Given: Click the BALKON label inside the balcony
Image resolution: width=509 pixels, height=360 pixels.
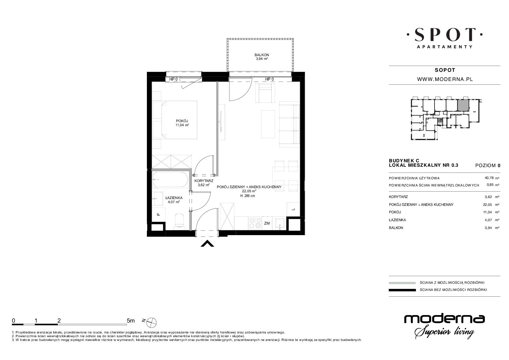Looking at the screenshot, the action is (x=262, y=55).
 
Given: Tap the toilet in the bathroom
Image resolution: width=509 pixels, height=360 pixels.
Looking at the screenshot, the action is (x=179, y=220).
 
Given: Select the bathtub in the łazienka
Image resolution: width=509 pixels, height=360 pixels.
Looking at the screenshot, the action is (x=170, y=180).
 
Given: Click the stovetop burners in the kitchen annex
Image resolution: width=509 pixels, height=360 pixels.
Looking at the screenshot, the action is (x=255, y=223).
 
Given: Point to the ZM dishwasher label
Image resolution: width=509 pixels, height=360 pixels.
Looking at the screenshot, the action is (x=267, y=223).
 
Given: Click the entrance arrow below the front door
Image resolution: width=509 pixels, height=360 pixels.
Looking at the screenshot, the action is (x=207, y=244).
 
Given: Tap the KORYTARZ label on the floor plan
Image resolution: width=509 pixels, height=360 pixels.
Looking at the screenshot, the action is (x=204, y=181).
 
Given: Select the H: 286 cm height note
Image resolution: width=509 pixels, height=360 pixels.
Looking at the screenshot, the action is (x=248, y=196).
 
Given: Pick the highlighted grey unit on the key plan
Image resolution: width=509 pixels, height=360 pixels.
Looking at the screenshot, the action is (x=463, y=105).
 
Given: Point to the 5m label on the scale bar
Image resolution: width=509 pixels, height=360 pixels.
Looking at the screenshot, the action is (x=131, y=321).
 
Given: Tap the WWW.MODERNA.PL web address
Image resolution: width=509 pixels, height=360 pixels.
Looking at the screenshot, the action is (x=445, y=79).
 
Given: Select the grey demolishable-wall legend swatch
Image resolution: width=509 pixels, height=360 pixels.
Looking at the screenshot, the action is (x=402, y=283).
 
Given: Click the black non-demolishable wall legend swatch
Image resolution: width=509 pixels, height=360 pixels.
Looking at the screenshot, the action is (x=402, y=290).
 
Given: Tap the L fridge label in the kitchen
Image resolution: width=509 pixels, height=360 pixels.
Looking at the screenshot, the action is (x=293, y=209).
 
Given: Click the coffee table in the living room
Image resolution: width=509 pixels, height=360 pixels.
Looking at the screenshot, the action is (x=268, y=124).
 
